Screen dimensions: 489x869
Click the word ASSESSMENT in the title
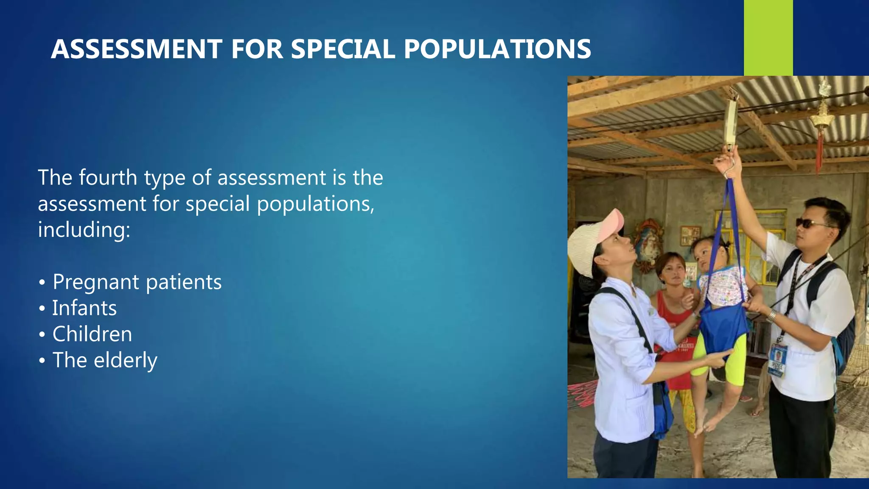coord(137,49)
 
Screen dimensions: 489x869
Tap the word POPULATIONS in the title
coord(497,49)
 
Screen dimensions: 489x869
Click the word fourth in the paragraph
coord(108,177)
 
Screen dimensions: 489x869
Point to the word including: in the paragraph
coord(84,230)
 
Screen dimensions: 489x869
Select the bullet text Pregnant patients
coord(137,282)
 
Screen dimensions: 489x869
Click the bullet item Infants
coord(84,308)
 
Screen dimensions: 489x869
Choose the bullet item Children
coord(92,334)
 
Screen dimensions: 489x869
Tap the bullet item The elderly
coord(105,360)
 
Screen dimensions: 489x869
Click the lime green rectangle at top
coord(768,37)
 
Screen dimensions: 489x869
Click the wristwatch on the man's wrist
coord(771,316)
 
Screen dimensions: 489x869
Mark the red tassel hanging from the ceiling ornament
coord(819,151)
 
